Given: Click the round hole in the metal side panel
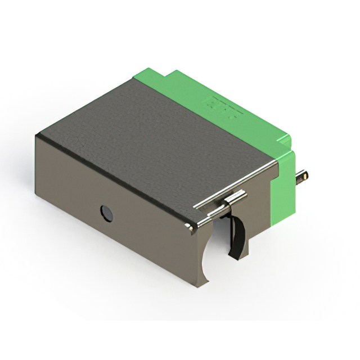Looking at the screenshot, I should pyautogui.click(x=106, y=213).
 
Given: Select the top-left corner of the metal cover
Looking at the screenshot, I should pyautogui.click(x=38, y=135).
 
